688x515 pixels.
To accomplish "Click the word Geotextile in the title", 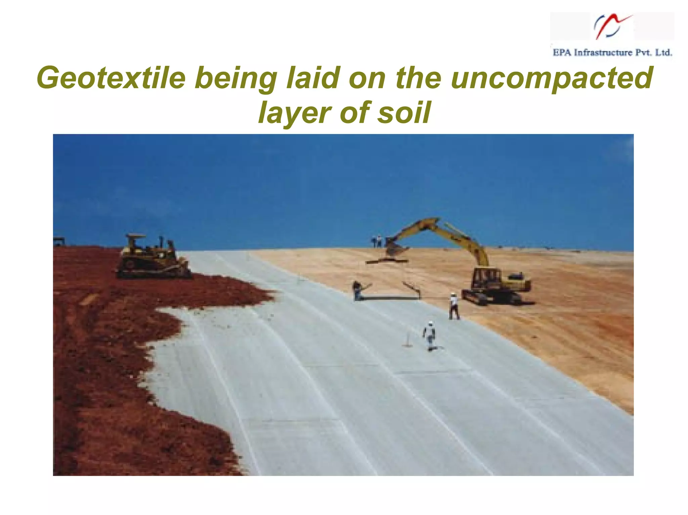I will click(x=111, y=78).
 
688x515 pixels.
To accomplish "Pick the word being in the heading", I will click(x=235, y=78).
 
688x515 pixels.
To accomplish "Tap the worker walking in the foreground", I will click(x=430, y=336).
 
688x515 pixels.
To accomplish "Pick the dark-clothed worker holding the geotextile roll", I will click(x=357, y=290).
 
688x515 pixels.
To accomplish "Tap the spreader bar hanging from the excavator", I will click(x=387, y=261).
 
